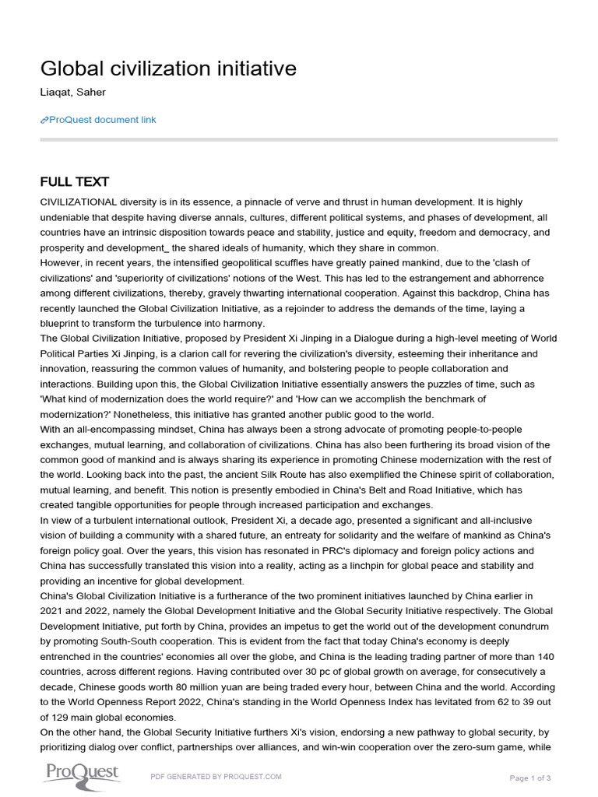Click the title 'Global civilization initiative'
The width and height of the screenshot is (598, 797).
168,69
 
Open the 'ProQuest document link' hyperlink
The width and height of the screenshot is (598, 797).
102,120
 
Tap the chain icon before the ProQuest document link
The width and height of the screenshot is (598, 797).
44,120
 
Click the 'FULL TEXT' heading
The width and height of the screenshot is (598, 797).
75,182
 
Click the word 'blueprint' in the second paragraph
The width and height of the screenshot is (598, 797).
62,323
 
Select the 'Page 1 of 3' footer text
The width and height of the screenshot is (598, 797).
529,778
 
